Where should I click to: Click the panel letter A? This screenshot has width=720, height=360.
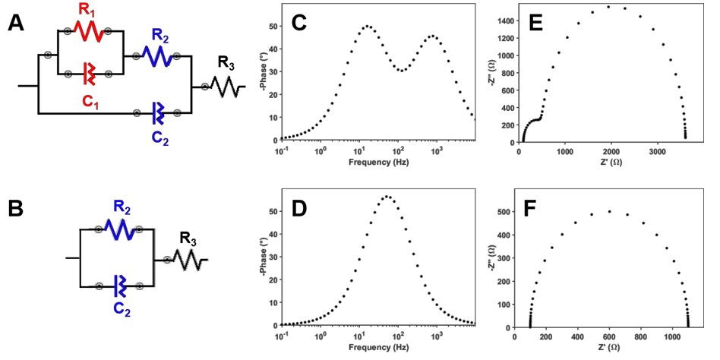click(x=15, y=23)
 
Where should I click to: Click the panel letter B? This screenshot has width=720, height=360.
click(x=15, y=208)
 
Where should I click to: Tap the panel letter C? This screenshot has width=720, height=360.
click(x=298, y=23)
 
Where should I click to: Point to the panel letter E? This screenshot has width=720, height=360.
click(x=535, y=23)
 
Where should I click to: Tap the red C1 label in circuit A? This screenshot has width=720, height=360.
click(x=88, y=99)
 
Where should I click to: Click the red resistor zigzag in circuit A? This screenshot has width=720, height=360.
click(x=88, y=33)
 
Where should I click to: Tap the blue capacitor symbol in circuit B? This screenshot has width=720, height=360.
click(x=118, y=286)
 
